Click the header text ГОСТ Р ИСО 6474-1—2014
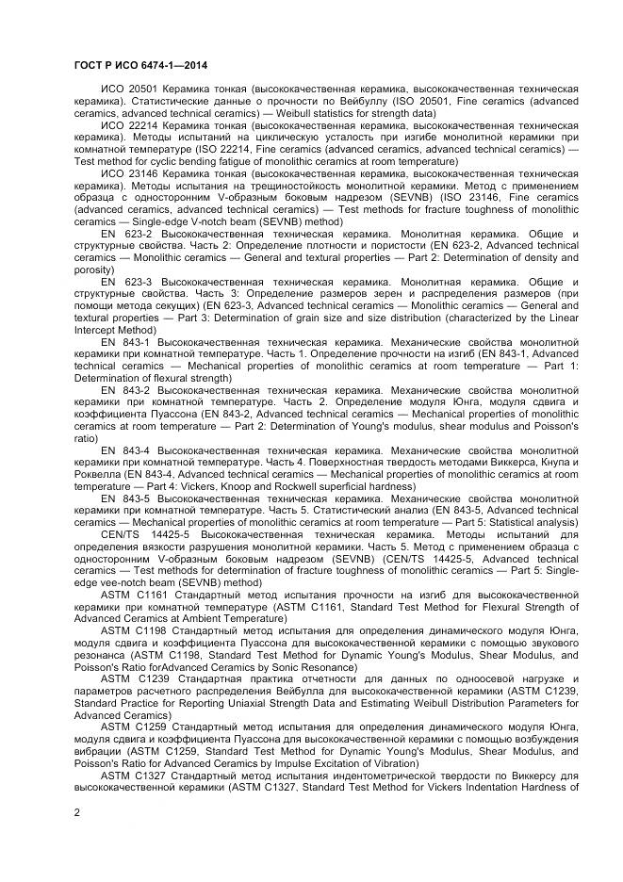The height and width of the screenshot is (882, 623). (140, 65)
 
